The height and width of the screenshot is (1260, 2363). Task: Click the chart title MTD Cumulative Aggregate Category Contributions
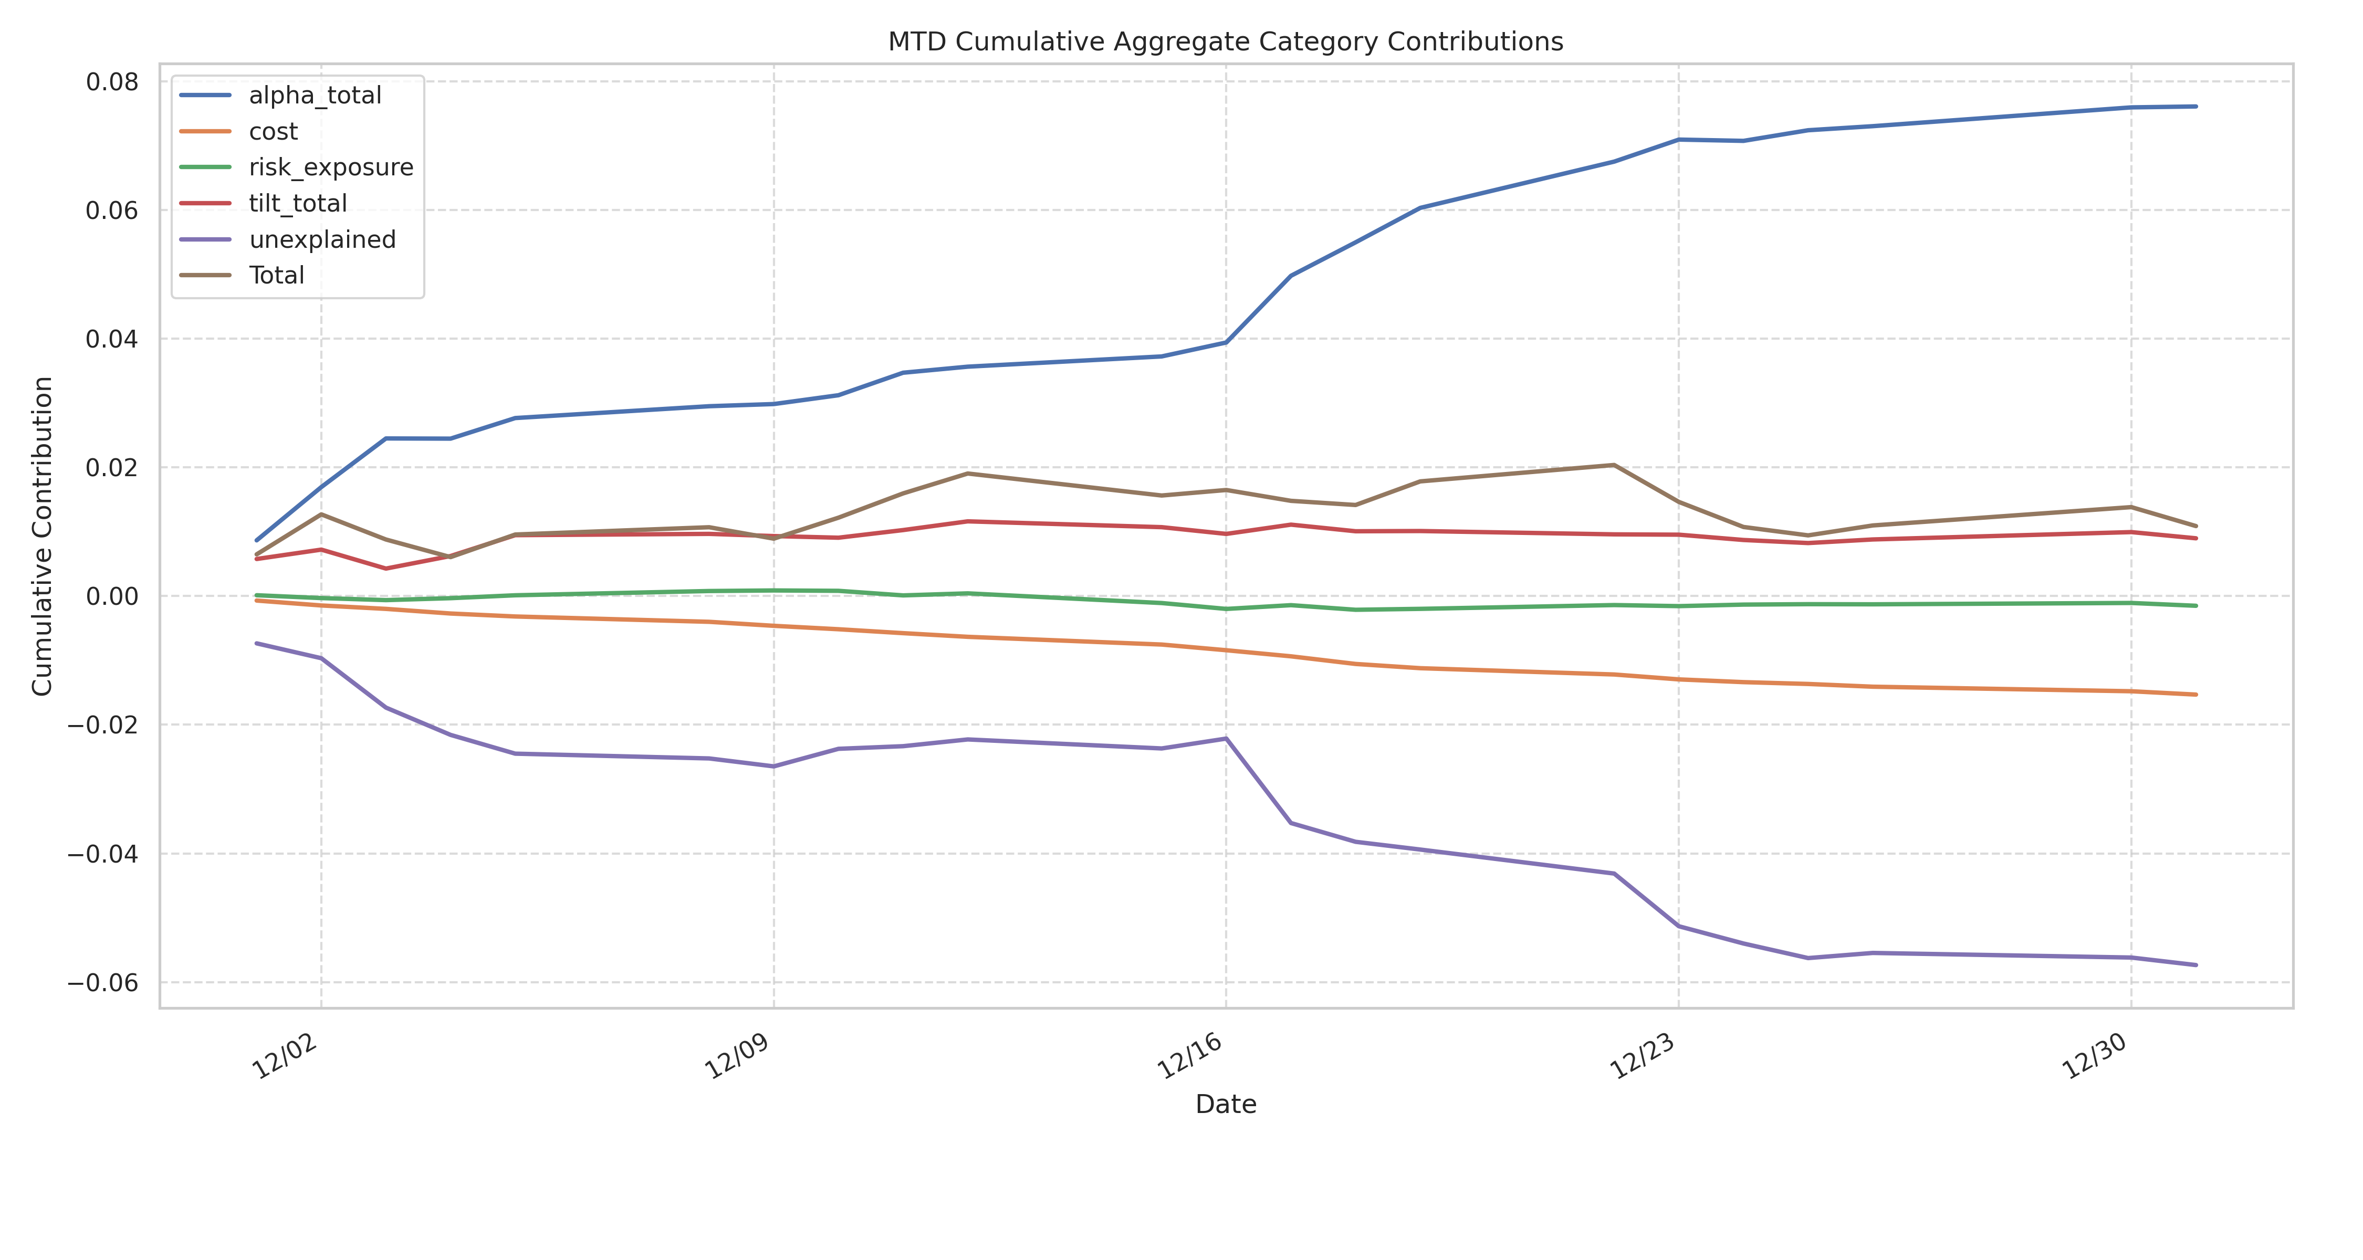pyautogui.click(x=1226, y=42)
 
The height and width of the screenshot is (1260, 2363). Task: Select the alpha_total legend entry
pyautogui.click(x=315, y=96)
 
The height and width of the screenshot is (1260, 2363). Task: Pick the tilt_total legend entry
pyautogui.click(x=297, y=204)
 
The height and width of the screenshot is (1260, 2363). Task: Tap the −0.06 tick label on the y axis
pyautogui.click(x=103, y=983)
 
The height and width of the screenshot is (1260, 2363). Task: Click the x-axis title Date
pyautogui.click(x=1226, y=1104)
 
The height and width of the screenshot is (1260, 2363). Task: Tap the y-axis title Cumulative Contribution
pyautogui.click(x=42, y=537)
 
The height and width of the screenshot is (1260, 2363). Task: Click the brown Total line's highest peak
pyautogui.click(x=1614, y=465)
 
